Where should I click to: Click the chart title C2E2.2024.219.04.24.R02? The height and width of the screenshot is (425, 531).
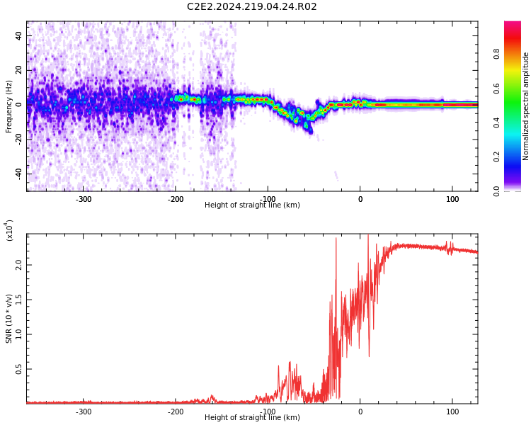[x=251, y=7]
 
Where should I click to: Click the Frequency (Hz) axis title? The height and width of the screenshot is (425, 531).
[x=9, y=106]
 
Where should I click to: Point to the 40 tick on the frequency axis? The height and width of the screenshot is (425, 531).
[x=19, y=35]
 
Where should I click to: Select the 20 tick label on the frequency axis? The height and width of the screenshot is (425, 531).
[x=19, y=69]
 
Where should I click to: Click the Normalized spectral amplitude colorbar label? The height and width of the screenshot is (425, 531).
[x=526, y=106]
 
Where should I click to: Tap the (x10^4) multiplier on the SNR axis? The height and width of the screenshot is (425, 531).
[x=9, y=230]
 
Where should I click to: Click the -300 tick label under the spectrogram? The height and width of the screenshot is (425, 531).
[x=84, y=200]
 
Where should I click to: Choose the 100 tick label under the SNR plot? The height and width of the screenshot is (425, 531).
[x=452, y=412]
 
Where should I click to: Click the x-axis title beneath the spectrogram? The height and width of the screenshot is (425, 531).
[x=251, y=205]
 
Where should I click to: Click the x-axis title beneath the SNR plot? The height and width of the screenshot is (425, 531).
[x=251, y=418]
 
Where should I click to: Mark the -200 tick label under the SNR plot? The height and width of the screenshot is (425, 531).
[x=176, y=412]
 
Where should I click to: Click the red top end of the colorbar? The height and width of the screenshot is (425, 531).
[x=512, y=25]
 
